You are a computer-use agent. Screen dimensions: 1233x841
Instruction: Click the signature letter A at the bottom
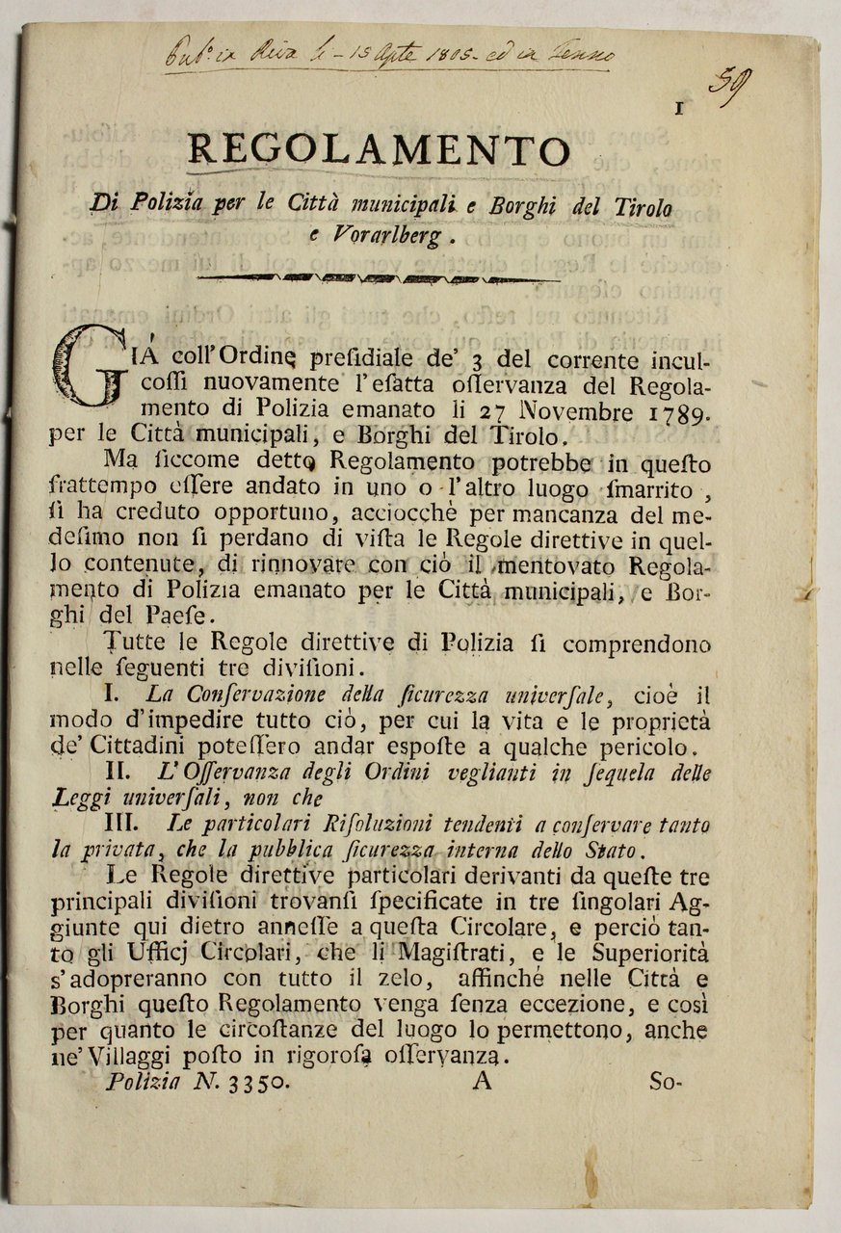pyautogui.click(x=482, y=1081)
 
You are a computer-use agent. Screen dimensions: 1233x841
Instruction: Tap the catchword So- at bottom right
pyautogui.click(x=665, y=1081)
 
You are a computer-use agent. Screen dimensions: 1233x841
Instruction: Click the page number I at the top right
pyautogui.click(x=679, y=109)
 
